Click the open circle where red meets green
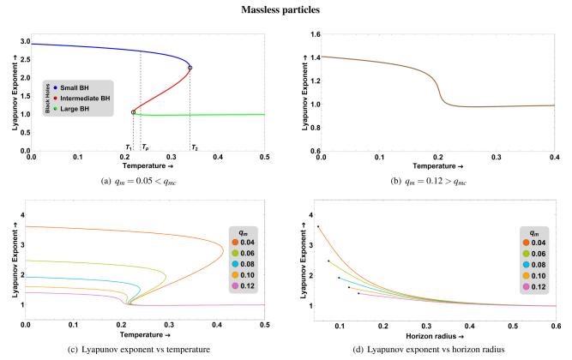(133, 111)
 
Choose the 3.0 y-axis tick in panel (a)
(24, 42)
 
